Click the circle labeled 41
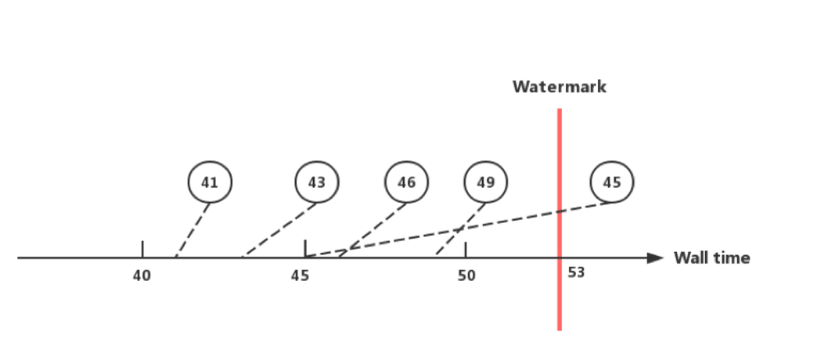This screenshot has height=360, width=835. click(210, 182)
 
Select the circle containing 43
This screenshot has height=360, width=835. click(316, 182)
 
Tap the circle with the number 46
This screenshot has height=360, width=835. click(406, 182)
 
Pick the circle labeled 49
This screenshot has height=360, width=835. click(485, 182)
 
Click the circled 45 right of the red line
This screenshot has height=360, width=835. click(612, 182)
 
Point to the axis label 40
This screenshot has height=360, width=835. click(142, 275)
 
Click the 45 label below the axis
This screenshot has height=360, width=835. click(300, 275)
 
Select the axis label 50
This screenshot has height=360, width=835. click(466, 275)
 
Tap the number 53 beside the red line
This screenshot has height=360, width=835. click(577, 273)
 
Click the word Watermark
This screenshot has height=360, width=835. click(559, 87)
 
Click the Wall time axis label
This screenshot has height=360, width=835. click(711, 257)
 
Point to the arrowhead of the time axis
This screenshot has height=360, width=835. click(656, 257)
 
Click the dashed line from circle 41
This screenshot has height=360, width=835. click(193, 229)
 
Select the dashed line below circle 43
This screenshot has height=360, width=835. click(280, 229)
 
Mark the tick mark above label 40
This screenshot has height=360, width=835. click(142, 248)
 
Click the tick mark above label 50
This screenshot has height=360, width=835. click(466, 248)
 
